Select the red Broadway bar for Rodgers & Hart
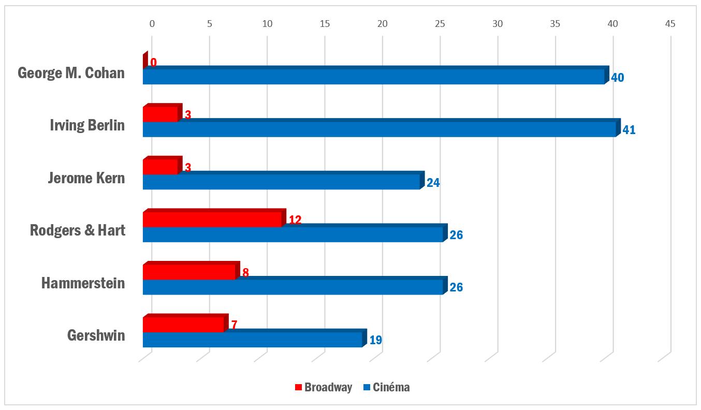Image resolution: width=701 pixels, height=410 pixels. [212, 219]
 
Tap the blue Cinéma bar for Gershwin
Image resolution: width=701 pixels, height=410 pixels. [252, 340]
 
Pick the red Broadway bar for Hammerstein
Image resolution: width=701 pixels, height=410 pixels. [189, 272]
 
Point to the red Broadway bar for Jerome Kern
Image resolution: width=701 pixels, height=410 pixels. [160, 167]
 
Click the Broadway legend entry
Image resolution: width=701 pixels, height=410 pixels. [323, 387]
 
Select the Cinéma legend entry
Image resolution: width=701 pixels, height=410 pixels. [386, 387]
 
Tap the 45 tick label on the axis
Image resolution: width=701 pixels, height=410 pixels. [670, 23]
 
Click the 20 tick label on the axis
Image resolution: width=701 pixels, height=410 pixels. [383, 23]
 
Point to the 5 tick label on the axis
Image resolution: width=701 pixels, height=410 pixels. [210, 23]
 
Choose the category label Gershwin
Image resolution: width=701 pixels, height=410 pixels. [96, 335]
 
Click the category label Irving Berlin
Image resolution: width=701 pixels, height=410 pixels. [87, 125]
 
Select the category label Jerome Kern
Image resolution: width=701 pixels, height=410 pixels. [86, 178]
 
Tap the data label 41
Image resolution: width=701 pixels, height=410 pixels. [629, 130]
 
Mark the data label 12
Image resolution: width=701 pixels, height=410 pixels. [295, 220]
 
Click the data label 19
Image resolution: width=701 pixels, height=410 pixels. [375, 341]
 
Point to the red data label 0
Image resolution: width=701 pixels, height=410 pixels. [153, 63]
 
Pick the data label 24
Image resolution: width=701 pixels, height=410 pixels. [433, 183]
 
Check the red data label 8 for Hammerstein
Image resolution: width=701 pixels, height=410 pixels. [245, 272]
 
